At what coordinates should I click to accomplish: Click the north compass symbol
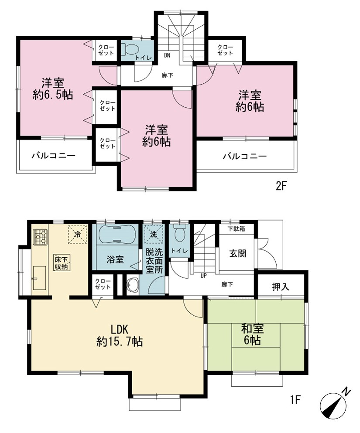click(x=334, y=406)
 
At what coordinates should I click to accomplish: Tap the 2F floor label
click(x=281, y=186)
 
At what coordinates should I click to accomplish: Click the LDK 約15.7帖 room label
click(x=120, y=335)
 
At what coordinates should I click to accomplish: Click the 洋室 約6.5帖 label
click(x=53, y=89)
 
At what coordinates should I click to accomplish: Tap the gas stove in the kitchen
click(x=40, y=237)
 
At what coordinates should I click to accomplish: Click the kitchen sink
click(x=39, y=278)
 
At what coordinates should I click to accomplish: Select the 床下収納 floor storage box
click(x=62, y=263)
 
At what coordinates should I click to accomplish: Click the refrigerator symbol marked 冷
click(x=78, y=234)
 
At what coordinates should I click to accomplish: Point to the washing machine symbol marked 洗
click(x=154, y=234)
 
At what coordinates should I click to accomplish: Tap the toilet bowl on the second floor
click(x=130, y=49)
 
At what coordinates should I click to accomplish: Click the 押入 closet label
click(x=281, y=287)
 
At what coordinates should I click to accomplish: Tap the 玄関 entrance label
click(x=238, y=253)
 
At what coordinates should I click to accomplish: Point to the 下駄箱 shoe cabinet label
click(x=237, y=228)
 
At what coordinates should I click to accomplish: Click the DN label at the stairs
click(x=168, y=55)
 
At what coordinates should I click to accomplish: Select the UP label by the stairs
click(x=203, y=276)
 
